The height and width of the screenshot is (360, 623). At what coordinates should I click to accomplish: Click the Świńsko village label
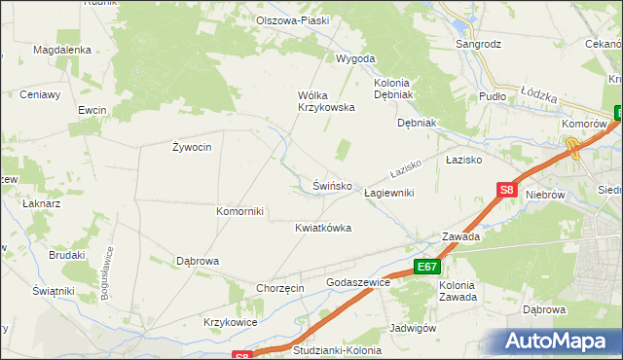pyautogui.click(x=331, y=185)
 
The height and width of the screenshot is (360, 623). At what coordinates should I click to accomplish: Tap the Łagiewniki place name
pyautogui.click(x=388, y=193)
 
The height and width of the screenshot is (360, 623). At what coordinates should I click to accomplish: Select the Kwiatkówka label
pyautogui.click(x=323, y=228)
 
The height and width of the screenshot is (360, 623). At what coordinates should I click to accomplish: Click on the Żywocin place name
pyautogui.click(x=192, y=147)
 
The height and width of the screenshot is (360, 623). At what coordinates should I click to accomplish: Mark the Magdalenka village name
pyautogui.click(x=61, y=50)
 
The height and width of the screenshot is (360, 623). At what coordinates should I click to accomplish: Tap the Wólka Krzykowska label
pyautogui.click(x=325, y=101)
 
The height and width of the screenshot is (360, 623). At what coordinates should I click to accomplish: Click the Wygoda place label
pyautogui.click(x=355, y=58)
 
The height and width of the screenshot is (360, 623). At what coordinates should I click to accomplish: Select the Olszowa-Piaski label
pyautogui.click(x=292, y=20)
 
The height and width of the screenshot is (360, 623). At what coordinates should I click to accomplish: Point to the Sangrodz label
pyautogui.click(x=479, y=44)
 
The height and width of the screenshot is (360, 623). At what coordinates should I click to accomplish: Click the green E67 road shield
pyautogui.click(x=426, y=267)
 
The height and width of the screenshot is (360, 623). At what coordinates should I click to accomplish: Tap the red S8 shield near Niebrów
pyautogui.click(x=505, y=192)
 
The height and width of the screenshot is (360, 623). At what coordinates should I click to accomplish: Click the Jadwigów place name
pyautogui.click(x=412, y=328)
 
